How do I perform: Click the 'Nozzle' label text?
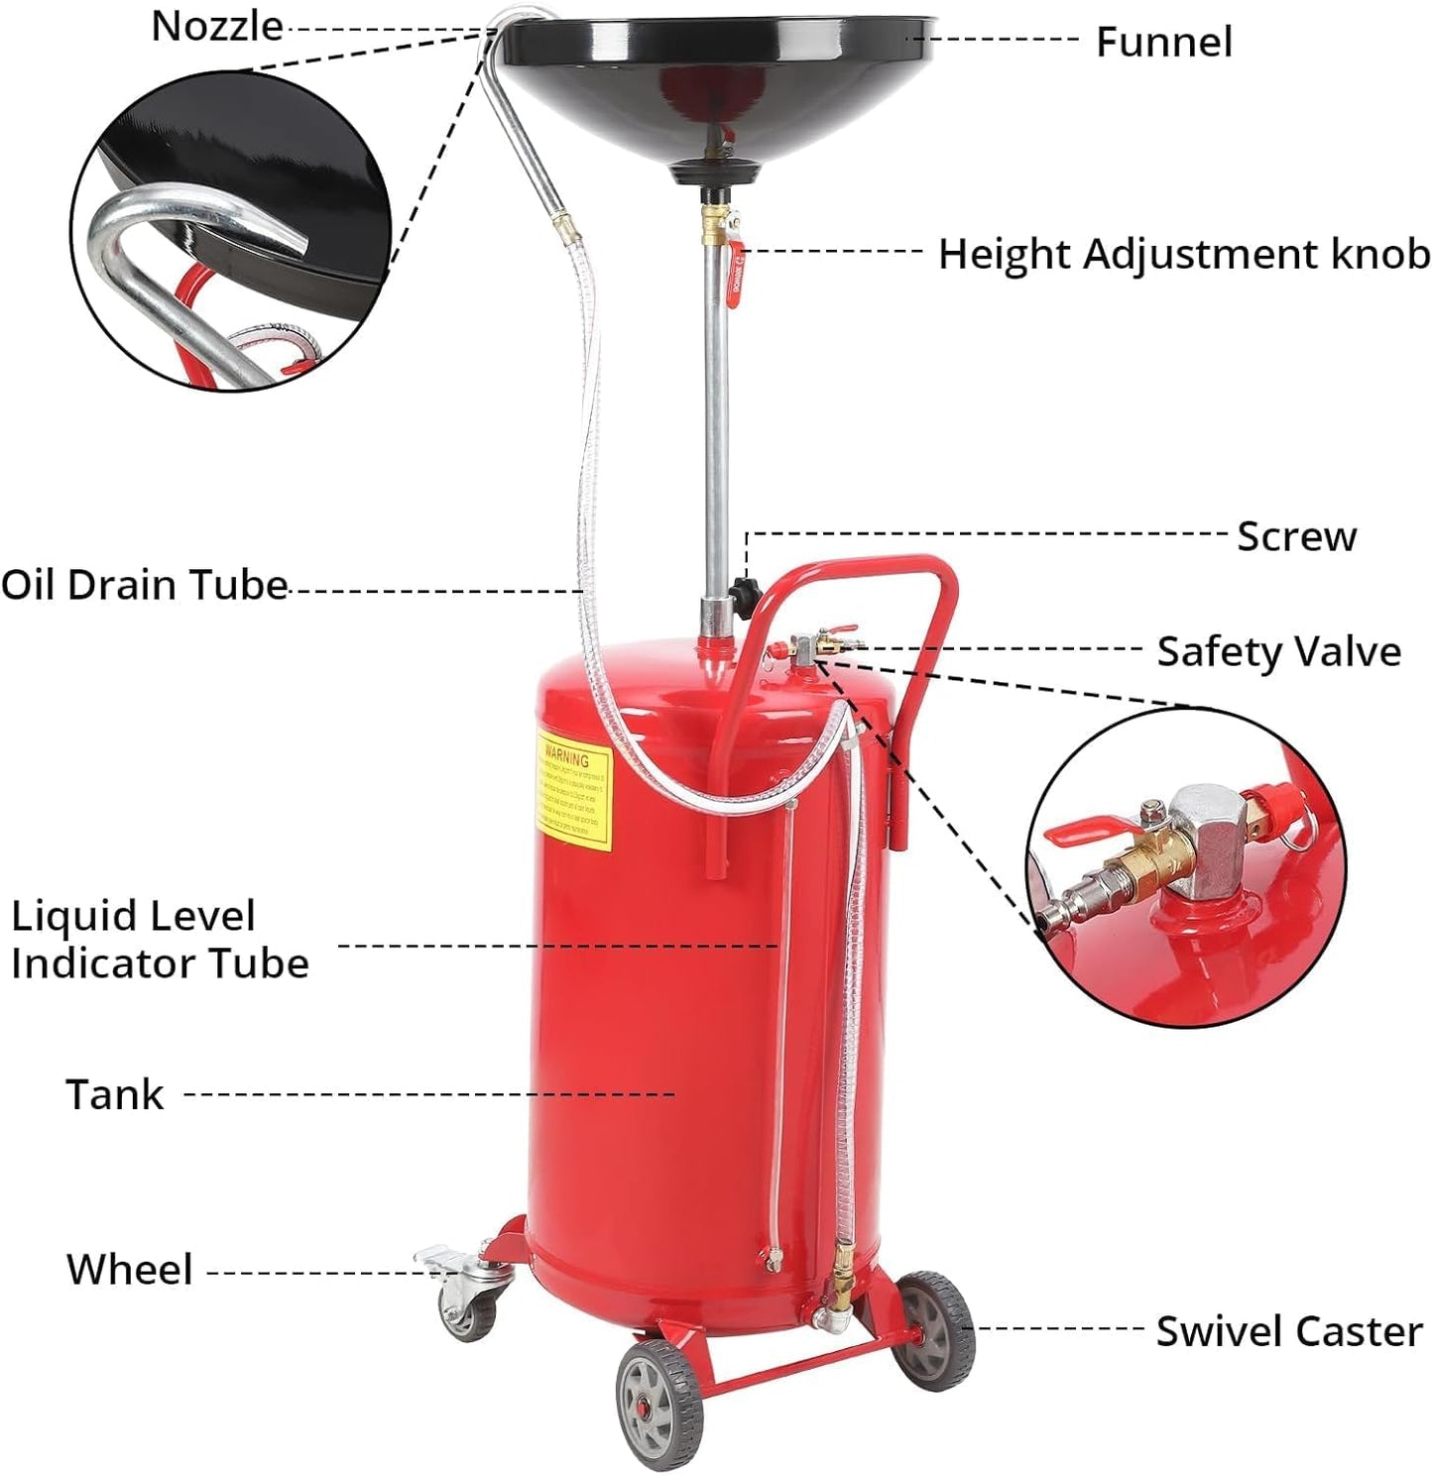[x=216, y=26]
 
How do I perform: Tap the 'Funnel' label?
[x=1163, y=43]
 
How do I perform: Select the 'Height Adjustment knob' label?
[x=1184, y=255]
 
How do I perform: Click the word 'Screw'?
[x=1296, y=536]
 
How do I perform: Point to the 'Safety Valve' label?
[x=1278, y=652]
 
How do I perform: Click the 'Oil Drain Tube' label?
[x=144, y=585]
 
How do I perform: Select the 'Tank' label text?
[x=114, y=1095]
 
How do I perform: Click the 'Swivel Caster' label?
[x=1288, y=1331]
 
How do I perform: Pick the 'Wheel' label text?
[x=129, y=1270]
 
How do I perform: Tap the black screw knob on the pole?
[x=743, y=594]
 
